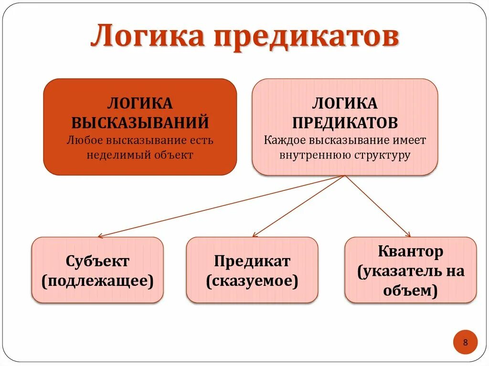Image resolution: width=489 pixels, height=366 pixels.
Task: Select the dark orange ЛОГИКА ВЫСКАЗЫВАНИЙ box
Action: pyautogui.click(x=140, y=126)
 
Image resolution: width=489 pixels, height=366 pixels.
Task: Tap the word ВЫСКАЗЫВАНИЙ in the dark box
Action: pyautogui.click(x=140, y=122)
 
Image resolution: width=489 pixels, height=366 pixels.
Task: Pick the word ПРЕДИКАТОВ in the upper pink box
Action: pyautogui.click(x=345, y=123)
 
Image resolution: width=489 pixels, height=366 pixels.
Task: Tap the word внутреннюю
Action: pyautogui.click(x=308, y=156)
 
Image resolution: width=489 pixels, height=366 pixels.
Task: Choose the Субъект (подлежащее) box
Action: pyautogui.click(x=97, y=270)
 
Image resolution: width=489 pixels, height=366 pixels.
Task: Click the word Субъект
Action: pyautogui.click(x=97, y=261)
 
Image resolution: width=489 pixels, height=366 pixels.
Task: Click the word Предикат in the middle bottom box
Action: pyautogui.click(x=252, y=261)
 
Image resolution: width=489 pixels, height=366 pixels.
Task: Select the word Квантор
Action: pyautogui.click(x=410, y=251)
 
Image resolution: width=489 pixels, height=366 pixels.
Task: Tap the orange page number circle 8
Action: pyautogui.click(x=465, y=342)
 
